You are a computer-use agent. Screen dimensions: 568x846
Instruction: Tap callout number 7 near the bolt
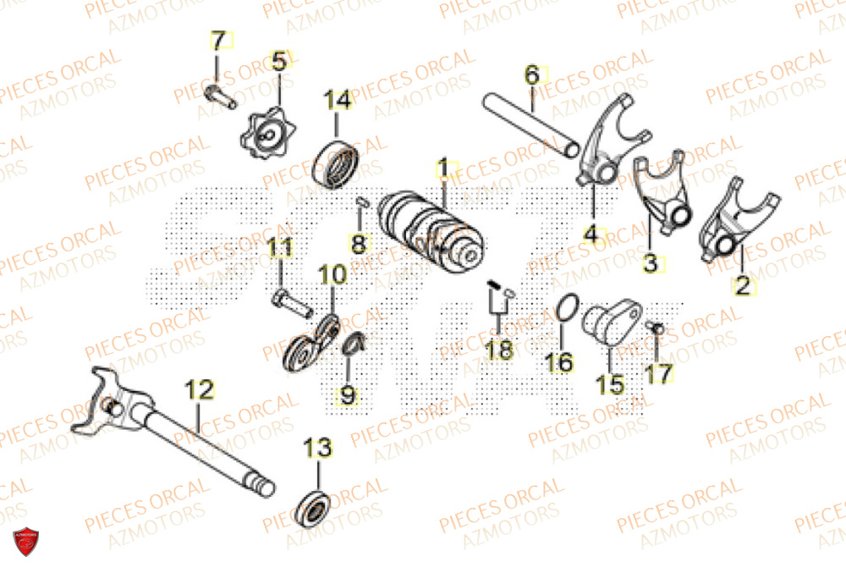tap(218, 41)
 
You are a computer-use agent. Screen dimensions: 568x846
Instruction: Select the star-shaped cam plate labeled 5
tap(270, 131)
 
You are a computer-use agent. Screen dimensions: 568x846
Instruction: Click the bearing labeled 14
tap(338, 163)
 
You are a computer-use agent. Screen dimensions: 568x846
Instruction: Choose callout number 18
tap(499, 349)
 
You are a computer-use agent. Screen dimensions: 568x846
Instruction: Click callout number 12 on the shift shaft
tap(199, 391)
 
